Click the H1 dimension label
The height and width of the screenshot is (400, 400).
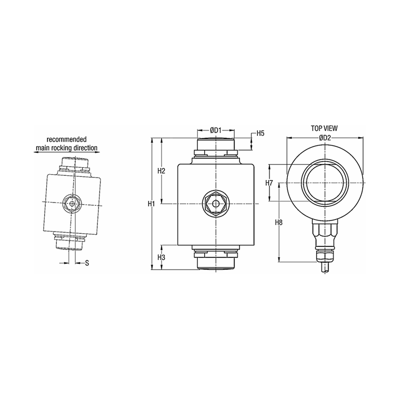pyautogui.click(x=151, y=204)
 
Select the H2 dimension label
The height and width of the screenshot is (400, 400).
pyautogui.click(x=162, y=171)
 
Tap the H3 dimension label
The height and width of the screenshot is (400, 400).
pyautogui.click(x=162, y=257)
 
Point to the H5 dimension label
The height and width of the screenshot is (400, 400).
pyautogui.click(x=261, y=133)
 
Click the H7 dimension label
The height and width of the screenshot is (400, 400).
pyautogui.click(x=269, y=183)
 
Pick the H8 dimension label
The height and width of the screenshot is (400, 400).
pyautogui.click(x=279, y=222)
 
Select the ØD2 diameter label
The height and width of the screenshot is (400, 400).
pyautogui.click(x=325, y=138)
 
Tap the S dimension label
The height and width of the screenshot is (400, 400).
pyautogui.click(x=86, y=263)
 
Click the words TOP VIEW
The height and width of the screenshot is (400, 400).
pyautogui.click(x=324, y=128)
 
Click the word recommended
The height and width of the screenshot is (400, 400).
pyautogui.click(x=66, y=139)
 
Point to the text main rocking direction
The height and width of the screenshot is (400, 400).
pyautogui.click(x=66, y=148)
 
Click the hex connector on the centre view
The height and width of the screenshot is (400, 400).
pyautogui.click(x=215, y=204)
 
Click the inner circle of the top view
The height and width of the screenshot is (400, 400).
pyautogui.click(x=325, y=182)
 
